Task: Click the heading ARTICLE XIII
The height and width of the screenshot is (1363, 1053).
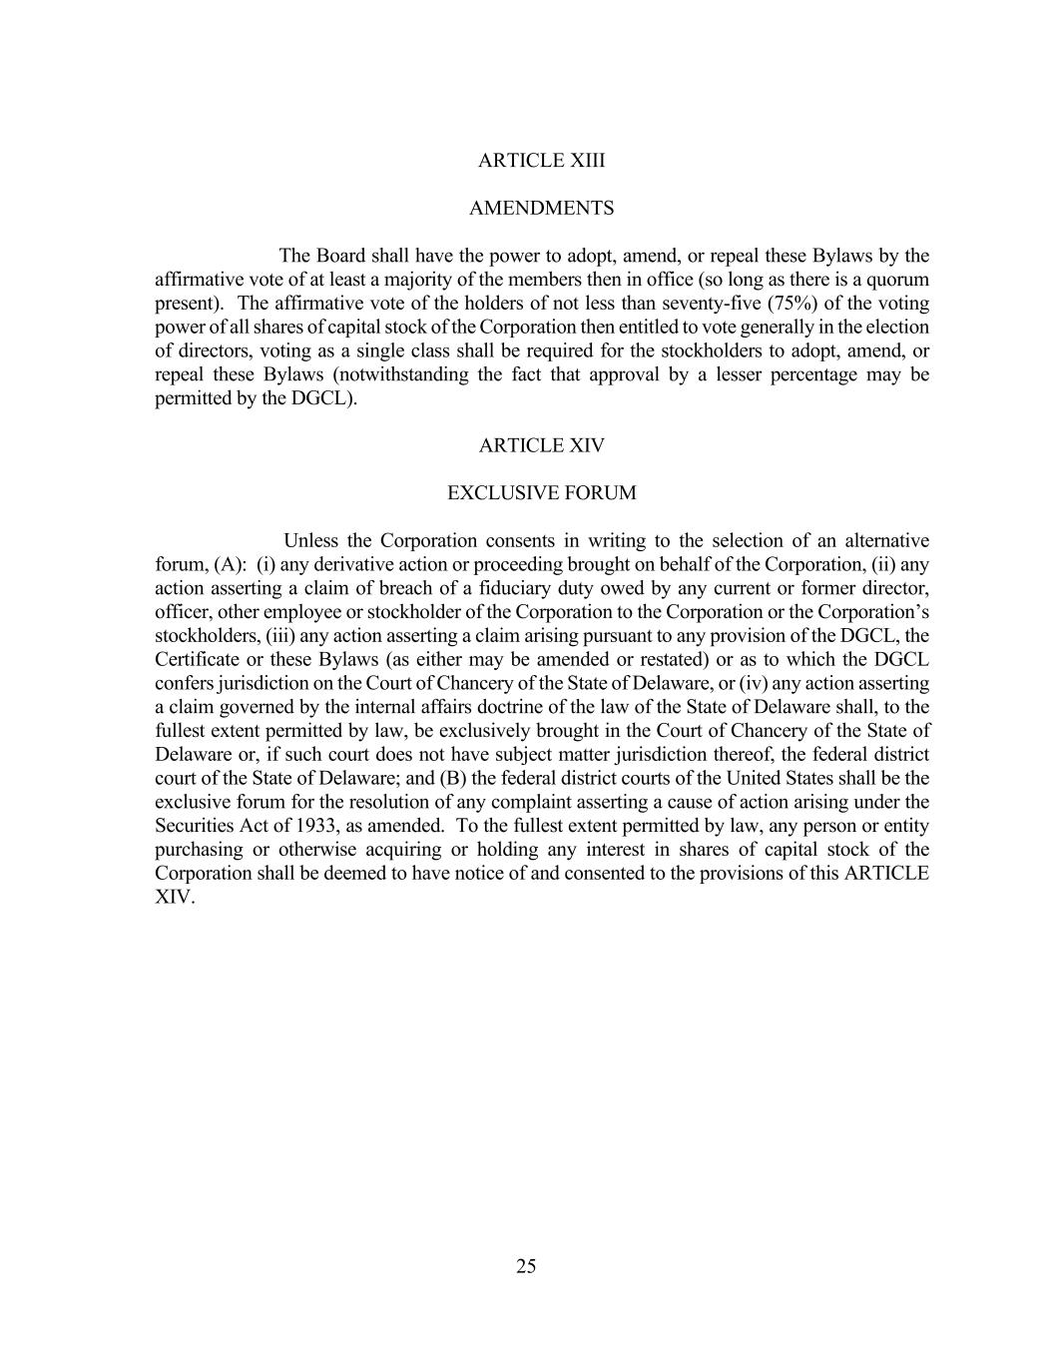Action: [541, 161]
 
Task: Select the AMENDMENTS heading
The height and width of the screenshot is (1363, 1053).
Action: [541, 209]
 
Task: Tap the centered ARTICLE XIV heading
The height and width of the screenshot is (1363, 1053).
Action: [541, 446]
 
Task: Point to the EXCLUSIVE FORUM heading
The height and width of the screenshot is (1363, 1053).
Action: [541, 493]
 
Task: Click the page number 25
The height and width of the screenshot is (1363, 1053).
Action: [526, 1267]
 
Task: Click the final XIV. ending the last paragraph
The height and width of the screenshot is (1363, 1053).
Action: [175, 897]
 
